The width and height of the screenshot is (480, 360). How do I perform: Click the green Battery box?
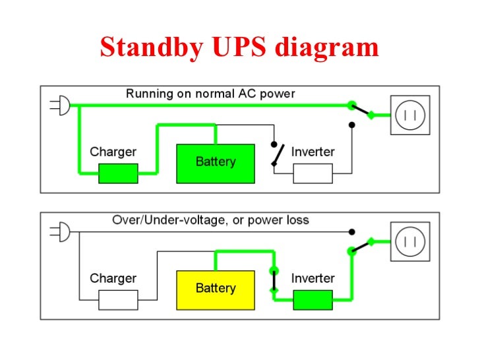(215, 163)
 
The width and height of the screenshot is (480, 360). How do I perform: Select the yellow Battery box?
(215, 289)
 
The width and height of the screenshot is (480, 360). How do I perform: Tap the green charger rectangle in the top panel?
(118, 173)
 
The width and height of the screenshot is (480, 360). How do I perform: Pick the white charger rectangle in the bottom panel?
(118, 300)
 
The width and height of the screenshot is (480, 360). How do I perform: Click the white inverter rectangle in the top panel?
(313, 173)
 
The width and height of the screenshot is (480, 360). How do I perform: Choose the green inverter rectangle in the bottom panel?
(313, 300)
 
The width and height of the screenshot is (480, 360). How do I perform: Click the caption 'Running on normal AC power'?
(210, 94)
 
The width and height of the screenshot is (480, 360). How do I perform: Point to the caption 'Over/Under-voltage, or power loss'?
(210, 220)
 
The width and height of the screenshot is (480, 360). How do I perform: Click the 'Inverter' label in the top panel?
(313, 152)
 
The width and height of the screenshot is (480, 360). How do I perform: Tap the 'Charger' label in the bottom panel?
(113, 278)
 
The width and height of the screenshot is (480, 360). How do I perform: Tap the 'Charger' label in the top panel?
(113, 152)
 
